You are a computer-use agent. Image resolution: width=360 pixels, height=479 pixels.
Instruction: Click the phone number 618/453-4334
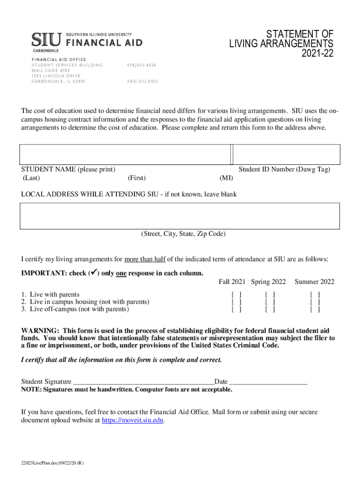click(x=142, y=65)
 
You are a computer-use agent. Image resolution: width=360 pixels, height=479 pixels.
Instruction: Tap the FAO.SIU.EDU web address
click(x=143, y=81)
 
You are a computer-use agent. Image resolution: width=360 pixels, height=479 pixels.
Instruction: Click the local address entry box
click(x=180, y=216)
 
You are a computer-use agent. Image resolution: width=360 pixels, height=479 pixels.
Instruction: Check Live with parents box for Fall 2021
click(x=237, y=295)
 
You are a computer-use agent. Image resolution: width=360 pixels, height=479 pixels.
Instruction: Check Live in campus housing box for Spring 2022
click(x=270, y=302)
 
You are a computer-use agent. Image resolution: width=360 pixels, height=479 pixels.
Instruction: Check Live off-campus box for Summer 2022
click(x=315, y=309)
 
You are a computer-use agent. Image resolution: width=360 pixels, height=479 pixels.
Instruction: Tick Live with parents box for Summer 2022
click(x=315, y=295)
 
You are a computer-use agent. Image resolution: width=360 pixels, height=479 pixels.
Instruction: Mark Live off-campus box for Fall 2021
click(x=237, y=309)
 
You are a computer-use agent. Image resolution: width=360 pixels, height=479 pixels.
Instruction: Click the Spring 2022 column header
click(x=268, y=282)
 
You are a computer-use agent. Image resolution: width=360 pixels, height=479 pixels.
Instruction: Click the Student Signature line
click(x=144, y=382)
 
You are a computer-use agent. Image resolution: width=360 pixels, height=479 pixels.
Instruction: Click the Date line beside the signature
click(x=269, y=382)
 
